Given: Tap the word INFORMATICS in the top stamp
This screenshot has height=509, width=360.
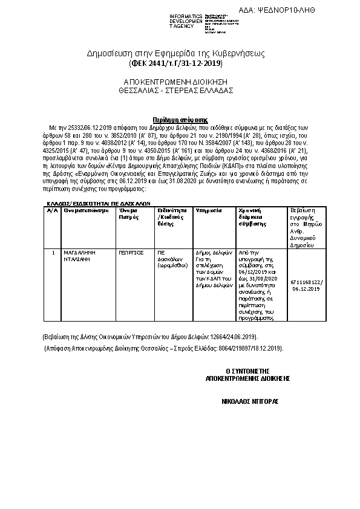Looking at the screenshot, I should (x=186, y=15).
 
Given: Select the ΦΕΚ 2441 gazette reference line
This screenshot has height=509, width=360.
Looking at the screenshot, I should (x=175, y=63).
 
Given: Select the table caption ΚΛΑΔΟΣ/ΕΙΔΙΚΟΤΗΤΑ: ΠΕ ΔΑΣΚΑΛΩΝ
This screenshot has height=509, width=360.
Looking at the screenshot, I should (x=99, y=204).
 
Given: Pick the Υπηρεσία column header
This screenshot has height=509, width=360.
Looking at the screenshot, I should (x=208, y=211).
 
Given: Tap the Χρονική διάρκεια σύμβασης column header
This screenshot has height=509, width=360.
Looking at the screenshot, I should (x=254, y=217).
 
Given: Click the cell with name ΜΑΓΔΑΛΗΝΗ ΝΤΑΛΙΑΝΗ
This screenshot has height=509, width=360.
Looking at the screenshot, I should (x=79, y=255).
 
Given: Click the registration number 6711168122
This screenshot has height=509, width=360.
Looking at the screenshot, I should (x=307, y=282).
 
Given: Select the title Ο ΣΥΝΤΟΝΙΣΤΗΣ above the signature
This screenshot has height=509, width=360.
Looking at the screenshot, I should (x=247, y=371).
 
